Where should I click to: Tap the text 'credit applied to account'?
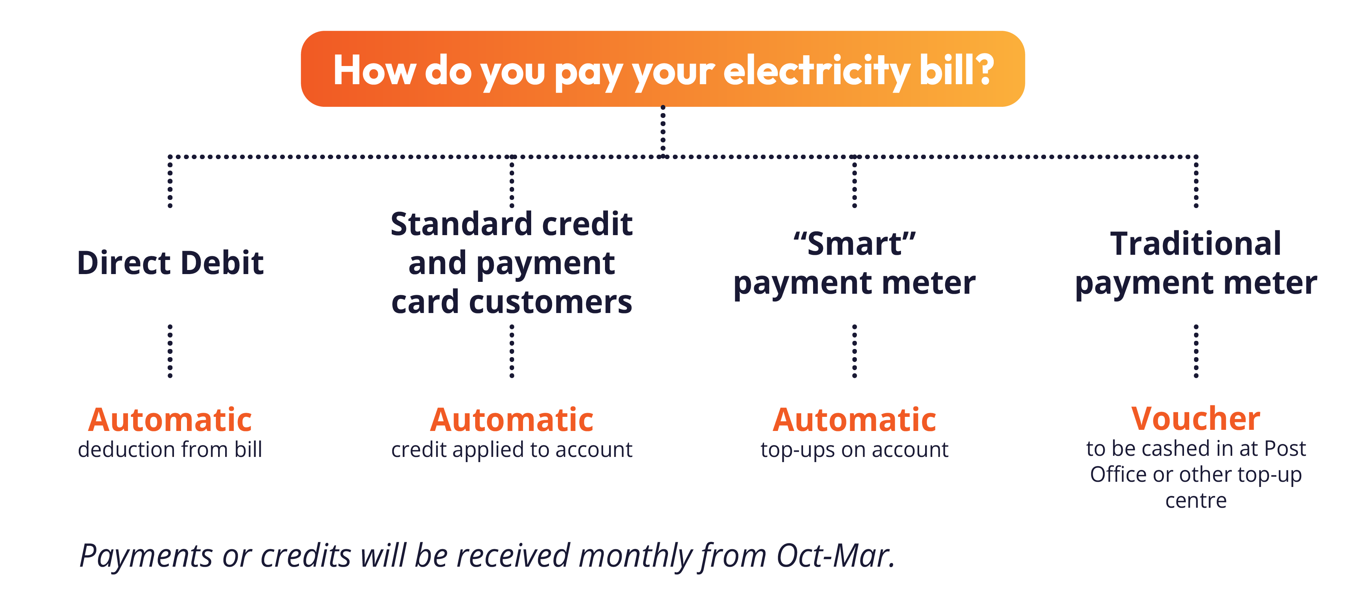coord(512,450)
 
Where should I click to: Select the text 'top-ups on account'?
coord(855,450)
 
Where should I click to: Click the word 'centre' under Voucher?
coord(1196,501)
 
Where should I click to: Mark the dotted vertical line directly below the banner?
coord(663,131)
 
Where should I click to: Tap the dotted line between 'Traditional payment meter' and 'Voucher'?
coord(1196,351)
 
